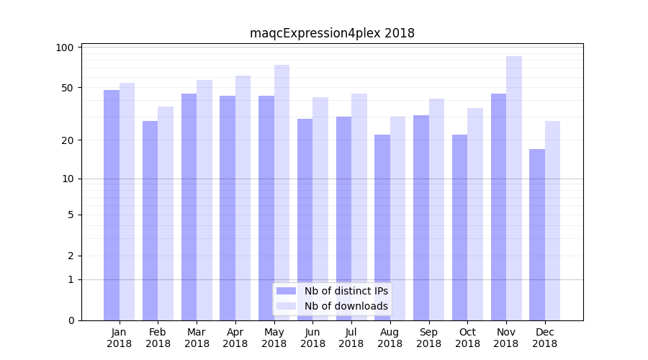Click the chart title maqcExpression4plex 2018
pos(332,33)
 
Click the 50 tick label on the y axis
pos(68,88)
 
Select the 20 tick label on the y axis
pos(68,140)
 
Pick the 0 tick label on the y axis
pos(71,320)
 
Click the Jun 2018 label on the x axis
pos(312,338)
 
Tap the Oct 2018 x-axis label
pos(467,338)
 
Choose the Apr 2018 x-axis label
pos(235,338)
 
